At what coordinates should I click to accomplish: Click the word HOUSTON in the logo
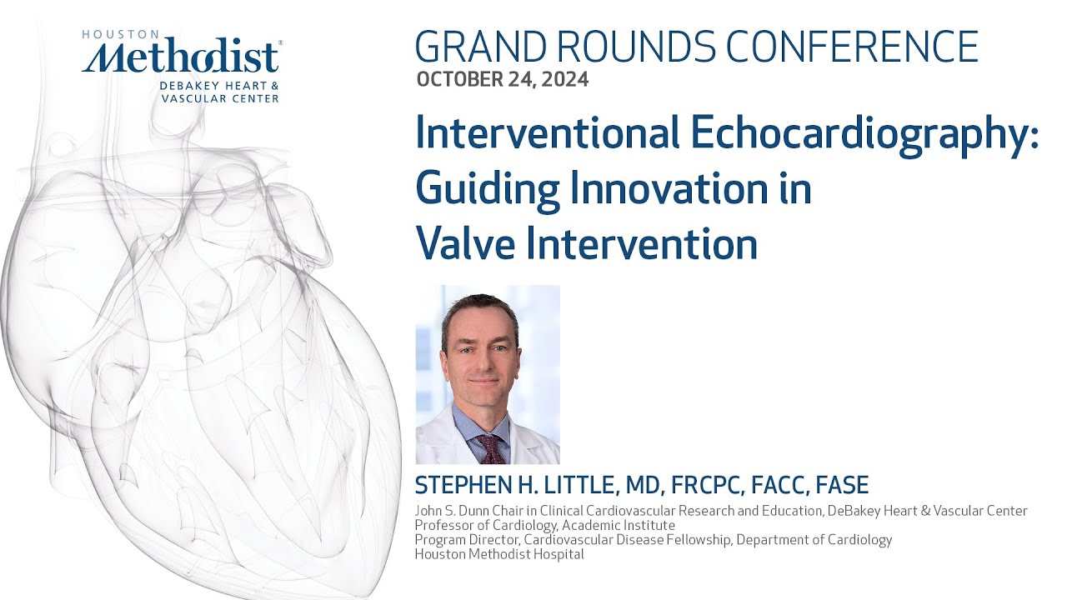click(x=108, y=34)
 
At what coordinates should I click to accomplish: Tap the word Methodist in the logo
click(x=181, y=58)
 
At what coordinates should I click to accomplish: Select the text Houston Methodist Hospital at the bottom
click(x=499, y=554)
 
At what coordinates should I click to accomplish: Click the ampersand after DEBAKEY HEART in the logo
click(x=273, y=85)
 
